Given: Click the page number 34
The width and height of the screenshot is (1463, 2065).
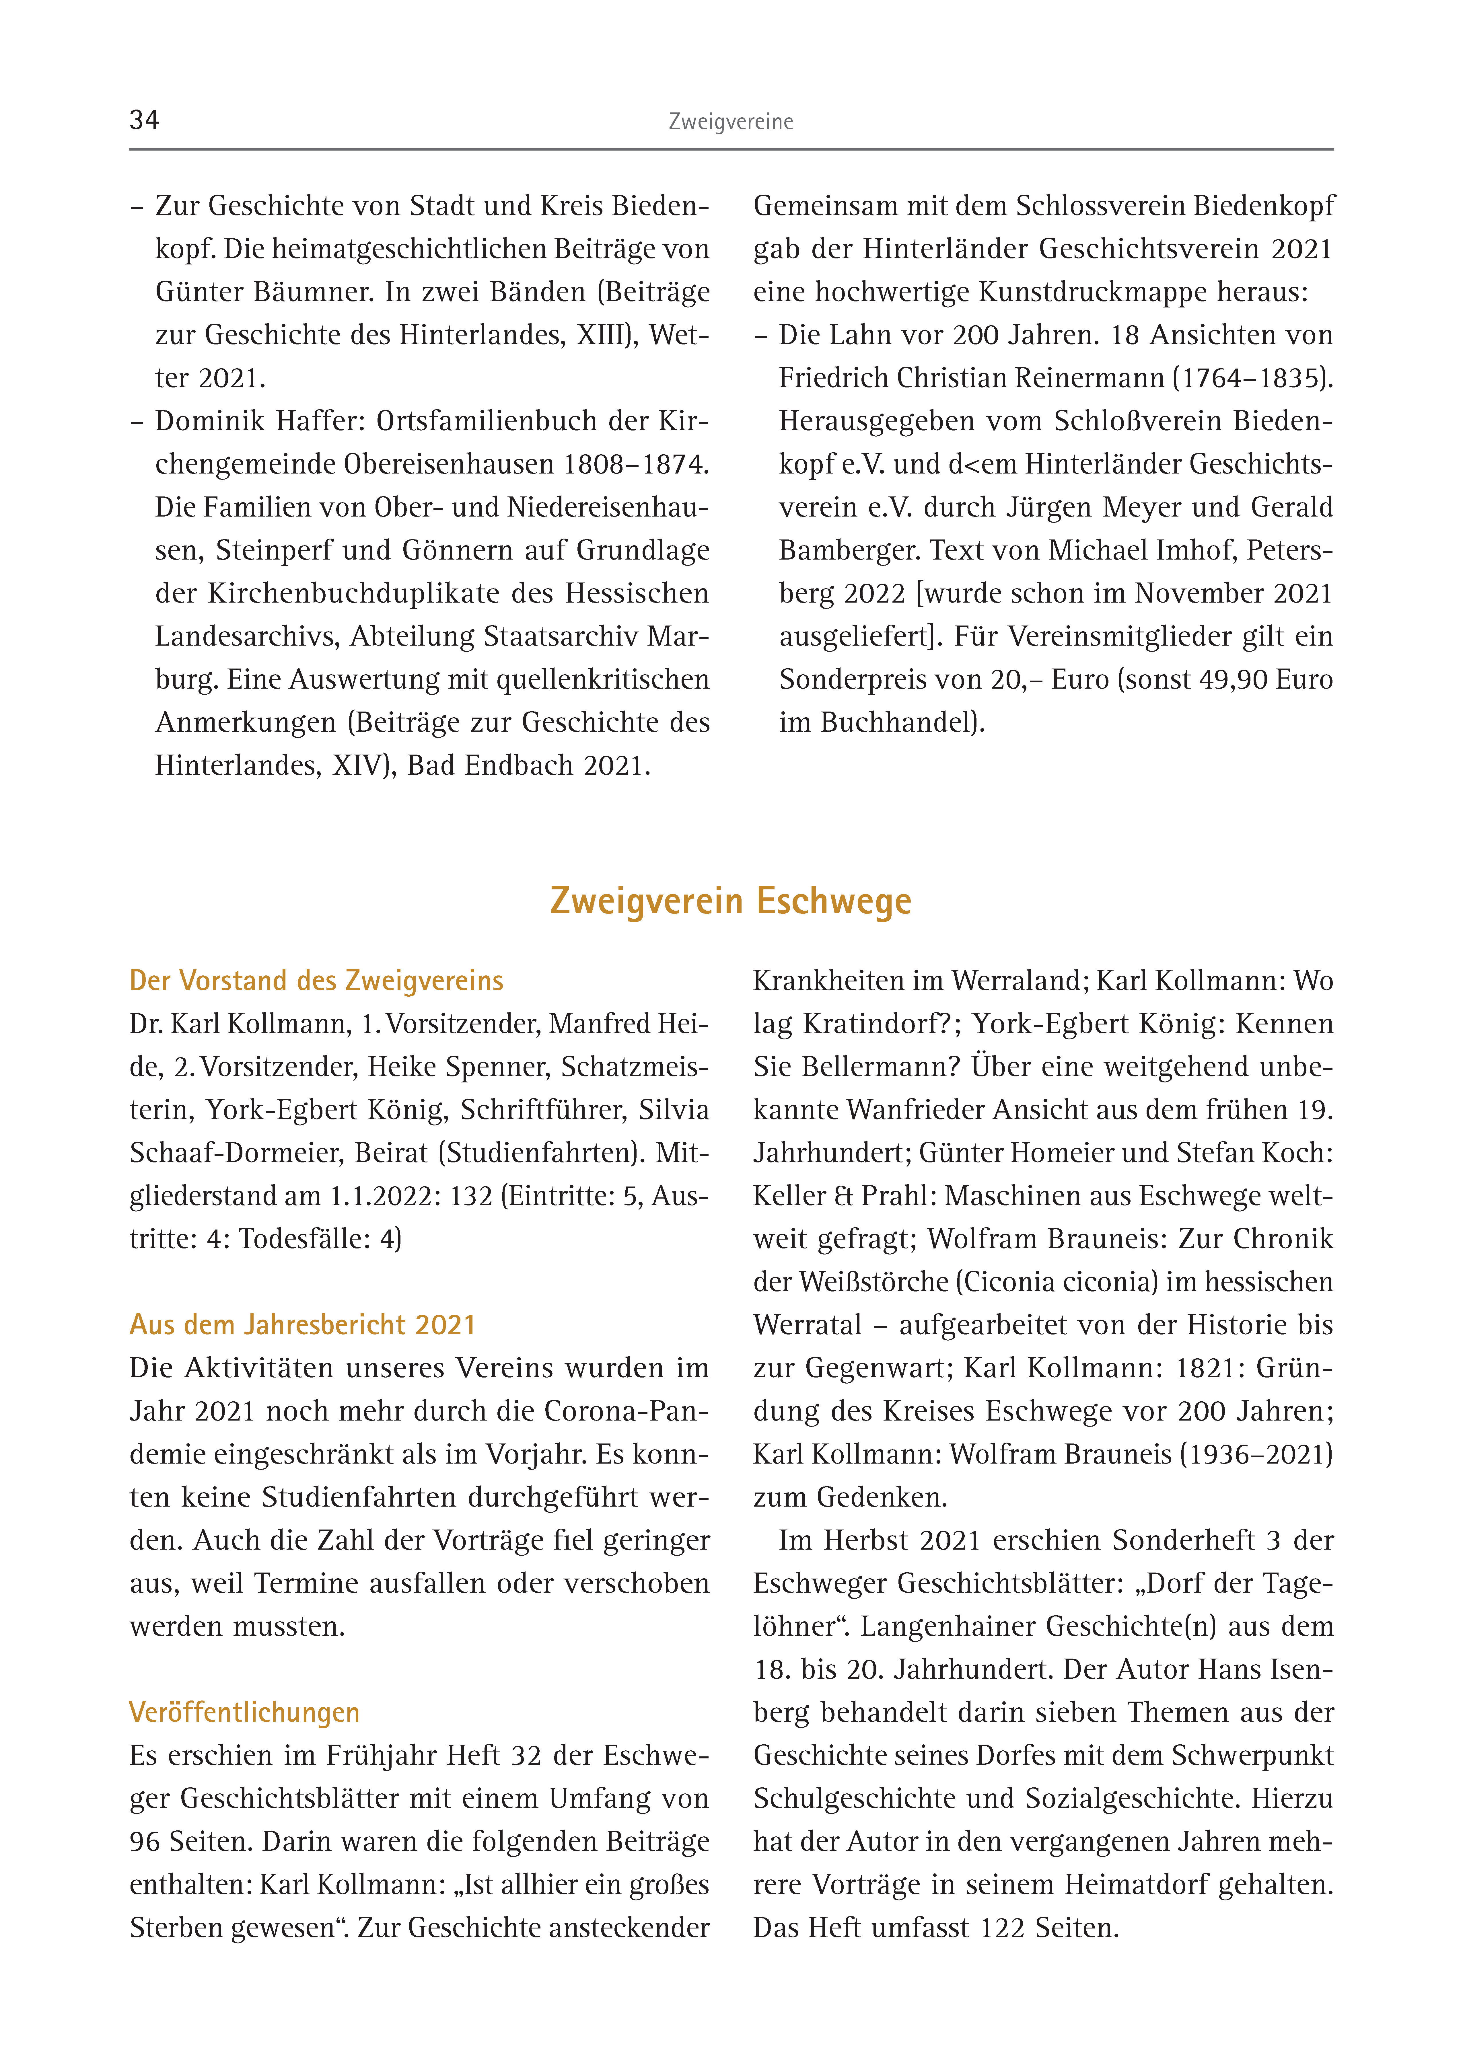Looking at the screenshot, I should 144,120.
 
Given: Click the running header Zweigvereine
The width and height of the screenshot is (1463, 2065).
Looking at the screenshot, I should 731,122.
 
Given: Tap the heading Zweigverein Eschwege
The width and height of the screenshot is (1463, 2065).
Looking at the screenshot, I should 731,901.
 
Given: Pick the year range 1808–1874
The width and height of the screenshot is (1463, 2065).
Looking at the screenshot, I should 636,464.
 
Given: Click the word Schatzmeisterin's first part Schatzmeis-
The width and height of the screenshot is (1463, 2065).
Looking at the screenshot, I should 634,1066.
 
